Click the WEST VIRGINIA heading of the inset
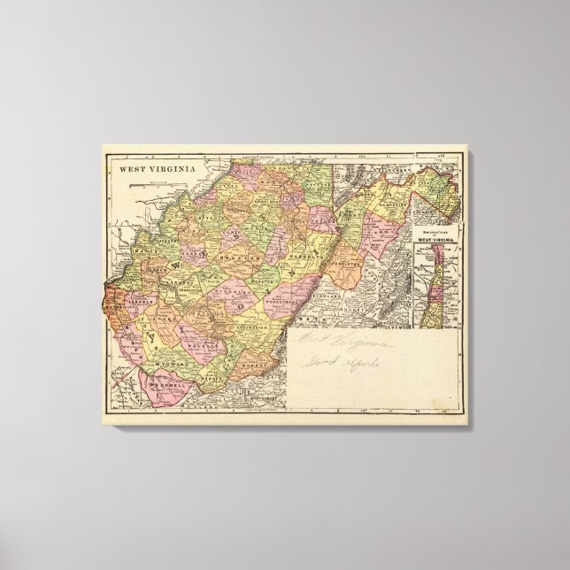pyautogui.click(x=440, y=239)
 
